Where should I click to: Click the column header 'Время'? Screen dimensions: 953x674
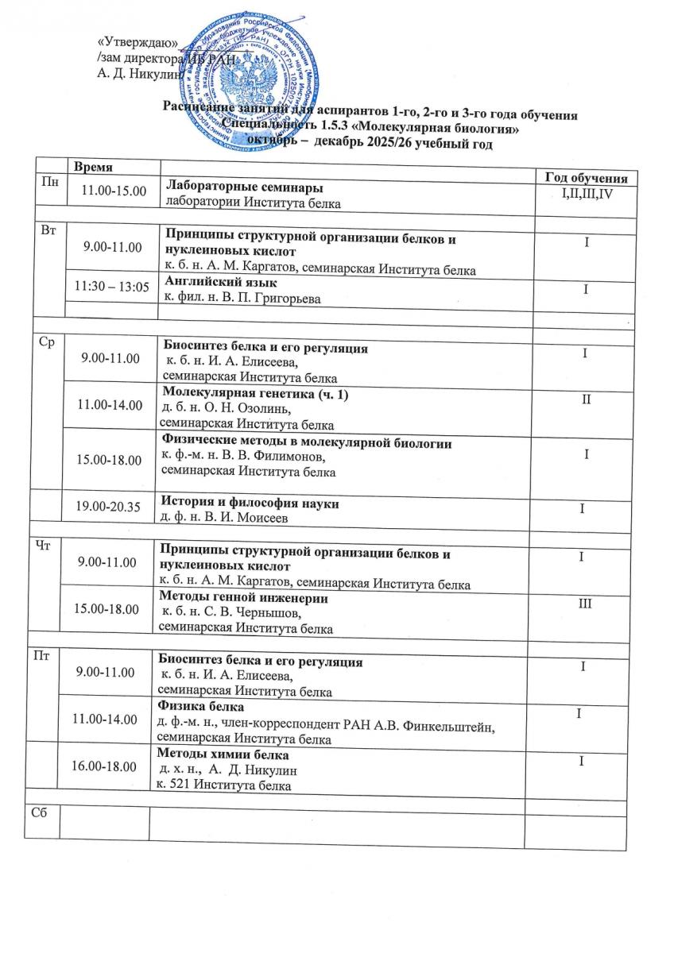93,168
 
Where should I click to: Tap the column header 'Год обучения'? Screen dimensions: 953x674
587,178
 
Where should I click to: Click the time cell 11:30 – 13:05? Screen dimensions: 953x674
112,287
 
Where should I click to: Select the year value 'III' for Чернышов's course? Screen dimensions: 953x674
585,604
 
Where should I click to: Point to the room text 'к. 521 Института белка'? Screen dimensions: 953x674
223,785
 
